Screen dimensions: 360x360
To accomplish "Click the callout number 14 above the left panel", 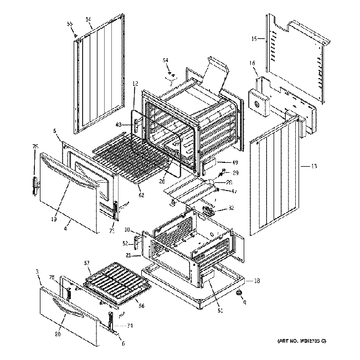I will point(88,19).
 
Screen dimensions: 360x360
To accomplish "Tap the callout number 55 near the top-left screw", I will point(70,24).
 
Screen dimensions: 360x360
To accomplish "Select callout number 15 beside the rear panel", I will point(254,39).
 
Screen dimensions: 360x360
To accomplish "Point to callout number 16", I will point(253,64).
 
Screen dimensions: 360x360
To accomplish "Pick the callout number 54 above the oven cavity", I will point(166,60).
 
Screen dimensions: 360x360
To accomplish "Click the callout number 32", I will point(231,209).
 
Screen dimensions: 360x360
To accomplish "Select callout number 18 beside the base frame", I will point(256,281).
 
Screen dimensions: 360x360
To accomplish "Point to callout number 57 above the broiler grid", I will point(87,263).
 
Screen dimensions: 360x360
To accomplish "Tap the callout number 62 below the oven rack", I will point(141,195).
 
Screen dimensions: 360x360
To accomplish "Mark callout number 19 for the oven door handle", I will point(54,219).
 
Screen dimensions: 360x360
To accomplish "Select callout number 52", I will point(125,243).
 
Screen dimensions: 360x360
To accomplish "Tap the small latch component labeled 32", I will point(209,210).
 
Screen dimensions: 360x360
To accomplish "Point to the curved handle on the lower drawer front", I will point(65,315).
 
